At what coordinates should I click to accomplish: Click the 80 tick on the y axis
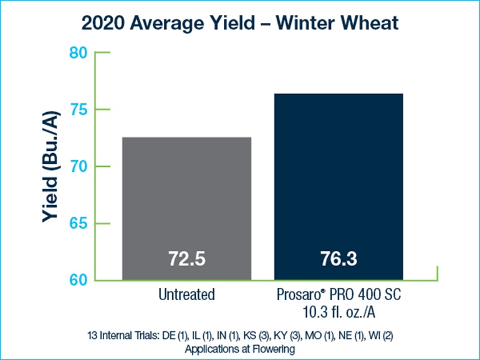coord(79,53)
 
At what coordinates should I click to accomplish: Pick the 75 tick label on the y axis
coord(79,110)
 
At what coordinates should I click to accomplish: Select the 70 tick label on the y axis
coord(79,167)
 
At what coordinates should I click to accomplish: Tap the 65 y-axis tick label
coord(79,224)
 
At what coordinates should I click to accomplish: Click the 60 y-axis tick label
coord(79,280)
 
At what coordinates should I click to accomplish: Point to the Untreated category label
coord(186,293)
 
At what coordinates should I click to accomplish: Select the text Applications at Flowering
coord(240,348)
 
